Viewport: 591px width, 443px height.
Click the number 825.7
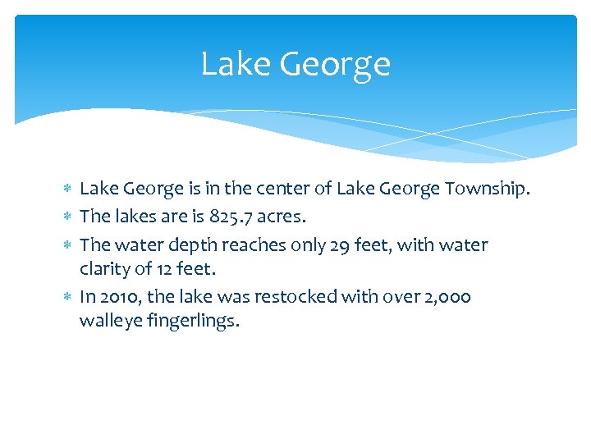click(237, 217)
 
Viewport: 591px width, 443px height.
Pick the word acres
click(291, 217)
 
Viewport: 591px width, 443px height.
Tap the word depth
click(190, 245)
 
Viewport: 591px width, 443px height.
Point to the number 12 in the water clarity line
click(166, 267)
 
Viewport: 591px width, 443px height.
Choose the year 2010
click(119, 297)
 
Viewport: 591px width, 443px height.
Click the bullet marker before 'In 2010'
click(67, 297)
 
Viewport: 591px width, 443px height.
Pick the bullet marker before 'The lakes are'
click(67, 217)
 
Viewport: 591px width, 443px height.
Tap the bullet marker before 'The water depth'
click(67, 245)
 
